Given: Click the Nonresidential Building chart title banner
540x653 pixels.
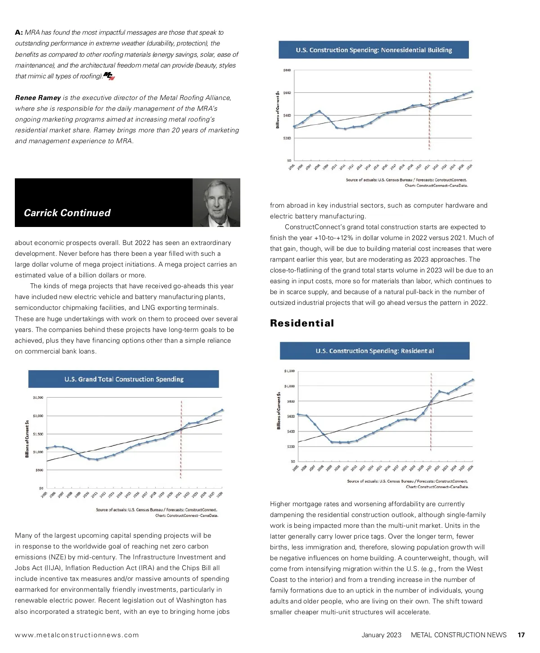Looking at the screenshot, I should (x=373, y=50).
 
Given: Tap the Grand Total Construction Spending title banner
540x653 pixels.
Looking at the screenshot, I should (x=124, y=379).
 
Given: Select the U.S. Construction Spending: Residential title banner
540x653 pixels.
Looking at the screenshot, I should (x=374, y=351).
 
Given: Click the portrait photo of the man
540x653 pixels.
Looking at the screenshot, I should (x=216, y=203).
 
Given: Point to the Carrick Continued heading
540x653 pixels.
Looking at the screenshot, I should (x=67, y=213).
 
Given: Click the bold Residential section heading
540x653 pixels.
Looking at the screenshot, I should (x=302, y=323).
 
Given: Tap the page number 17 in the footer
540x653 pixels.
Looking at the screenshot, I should (x=521, y=635).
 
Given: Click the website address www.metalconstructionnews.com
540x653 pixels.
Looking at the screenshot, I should (x=77, y=635).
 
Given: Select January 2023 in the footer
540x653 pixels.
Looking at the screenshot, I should (x=381, y=635).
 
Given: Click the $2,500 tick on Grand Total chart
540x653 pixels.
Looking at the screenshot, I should (x=38, y=398).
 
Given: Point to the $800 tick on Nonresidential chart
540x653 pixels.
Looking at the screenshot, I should (x=287, y=70).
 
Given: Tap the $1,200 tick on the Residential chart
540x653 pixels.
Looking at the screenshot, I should (x=289, y=371).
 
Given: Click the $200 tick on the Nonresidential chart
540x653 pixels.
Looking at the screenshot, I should (x=287, y=138).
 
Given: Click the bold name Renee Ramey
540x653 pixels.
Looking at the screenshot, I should (x=38, y=98).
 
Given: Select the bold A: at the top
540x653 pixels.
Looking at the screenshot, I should (x=19, y=32).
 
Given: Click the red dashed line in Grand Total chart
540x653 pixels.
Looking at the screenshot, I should (x=181, y=439).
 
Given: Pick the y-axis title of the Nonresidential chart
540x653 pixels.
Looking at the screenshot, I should (x=278, y=109).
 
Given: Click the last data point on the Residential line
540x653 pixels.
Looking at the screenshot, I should (x=472, y=380).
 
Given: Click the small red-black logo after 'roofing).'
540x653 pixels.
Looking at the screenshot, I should (x=109, y=76).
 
